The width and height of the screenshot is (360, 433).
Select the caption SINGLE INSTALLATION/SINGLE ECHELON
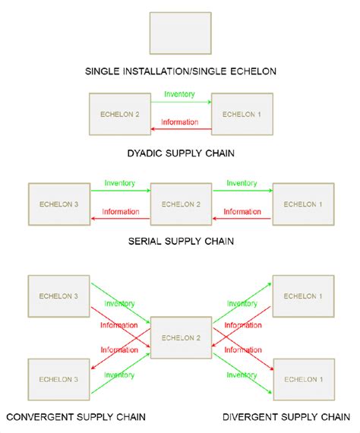(179, 72)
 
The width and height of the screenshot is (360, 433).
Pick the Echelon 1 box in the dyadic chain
(241, 114)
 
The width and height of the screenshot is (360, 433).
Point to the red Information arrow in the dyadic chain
(180, 128)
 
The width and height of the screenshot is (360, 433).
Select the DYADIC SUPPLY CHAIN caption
(180, 153)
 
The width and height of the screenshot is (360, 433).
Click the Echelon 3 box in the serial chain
(58, 204)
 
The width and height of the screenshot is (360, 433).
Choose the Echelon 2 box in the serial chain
(180, 204)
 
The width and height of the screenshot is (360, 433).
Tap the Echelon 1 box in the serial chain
(302, 204)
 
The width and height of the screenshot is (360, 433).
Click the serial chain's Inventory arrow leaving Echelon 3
(119, 190)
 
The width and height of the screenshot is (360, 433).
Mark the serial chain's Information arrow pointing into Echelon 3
(119, 217)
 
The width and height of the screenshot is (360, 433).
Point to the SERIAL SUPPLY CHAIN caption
(180, 242)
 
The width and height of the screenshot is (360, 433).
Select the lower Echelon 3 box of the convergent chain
(58, 378)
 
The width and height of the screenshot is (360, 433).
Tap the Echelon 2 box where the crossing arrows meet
(180, 337)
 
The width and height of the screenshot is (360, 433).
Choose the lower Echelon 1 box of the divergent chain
(302, 378)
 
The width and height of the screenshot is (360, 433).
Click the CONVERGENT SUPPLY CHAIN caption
(76, 417)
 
